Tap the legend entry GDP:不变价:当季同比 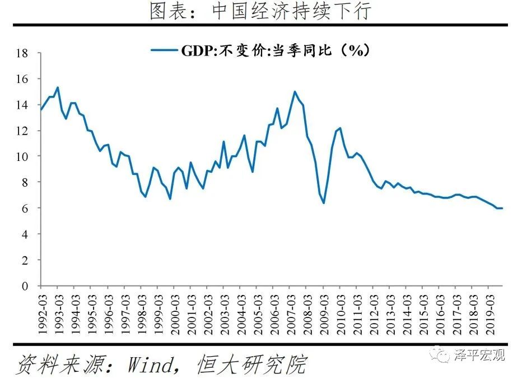[260, 50]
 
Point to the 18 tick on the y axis [22, 54]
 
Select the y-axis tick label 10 [22, 156]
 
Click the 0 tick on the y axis [25, 286]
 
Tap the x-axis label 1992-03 [42, 312]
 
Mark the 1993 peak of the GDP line [58, 87]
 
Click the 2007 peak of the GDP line [295, 91]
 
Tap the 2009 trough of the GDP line [324, 202]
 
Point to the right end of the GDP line [502, 208]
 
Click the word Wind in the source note [149, 365]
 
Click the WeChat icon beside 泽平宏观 [442, 355]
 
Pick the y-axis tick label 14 [22, 105]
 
